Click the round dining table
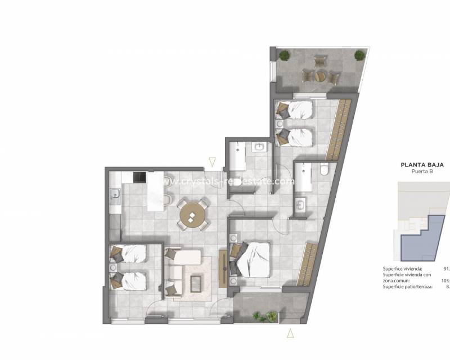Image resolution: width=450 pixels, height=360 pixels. tap(192, 214)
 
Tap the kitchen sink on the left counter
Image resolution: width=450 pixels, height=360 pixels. tap(115, 195)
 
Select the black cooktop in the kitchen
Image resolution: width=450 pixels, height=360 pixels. tap(139, 178)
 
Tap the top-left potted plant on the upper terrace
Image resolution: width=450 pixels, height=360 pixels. tap(285, 55)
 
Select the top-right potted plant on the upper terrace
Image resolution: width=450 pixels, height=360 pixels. tap(359, 55)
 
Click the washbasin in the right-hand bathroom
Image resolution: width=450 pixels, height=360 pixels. tap(300, 204)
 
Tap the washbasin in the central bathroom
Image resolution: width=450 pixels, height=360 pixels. tap(260, 147)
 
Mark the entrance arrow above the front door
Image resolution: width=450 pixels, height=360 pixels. tap(211, 162)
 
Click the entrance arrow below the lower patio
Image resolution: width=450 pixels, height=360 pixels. tap(290, 334)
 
